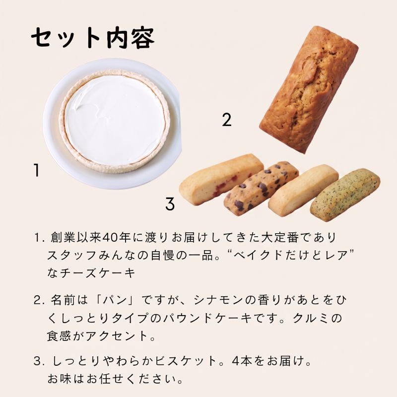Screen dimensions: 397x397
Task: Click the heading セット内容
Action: (x=93, y=38)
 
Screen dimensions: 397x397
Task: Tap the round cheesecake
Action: (x=115, y=121)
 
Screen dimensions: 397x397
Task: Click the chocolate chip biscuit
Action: (x=261, y=188)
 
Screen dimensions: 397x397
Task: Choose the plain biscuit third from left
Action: (x=303, y=190)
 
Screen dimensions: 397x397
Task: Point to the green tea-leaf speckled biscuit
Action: (x=345, y=195)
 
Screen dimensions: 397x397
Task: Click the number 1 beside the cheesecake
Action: (x=36, y=170)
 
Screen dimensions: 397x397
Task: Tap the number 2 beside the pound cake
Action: (x=227, y=120)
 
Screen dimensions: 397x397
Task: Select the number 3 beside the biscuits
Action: (x=170, y=204)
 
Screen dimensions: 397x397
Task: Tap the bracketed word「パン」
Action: (x=119, y=300)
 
